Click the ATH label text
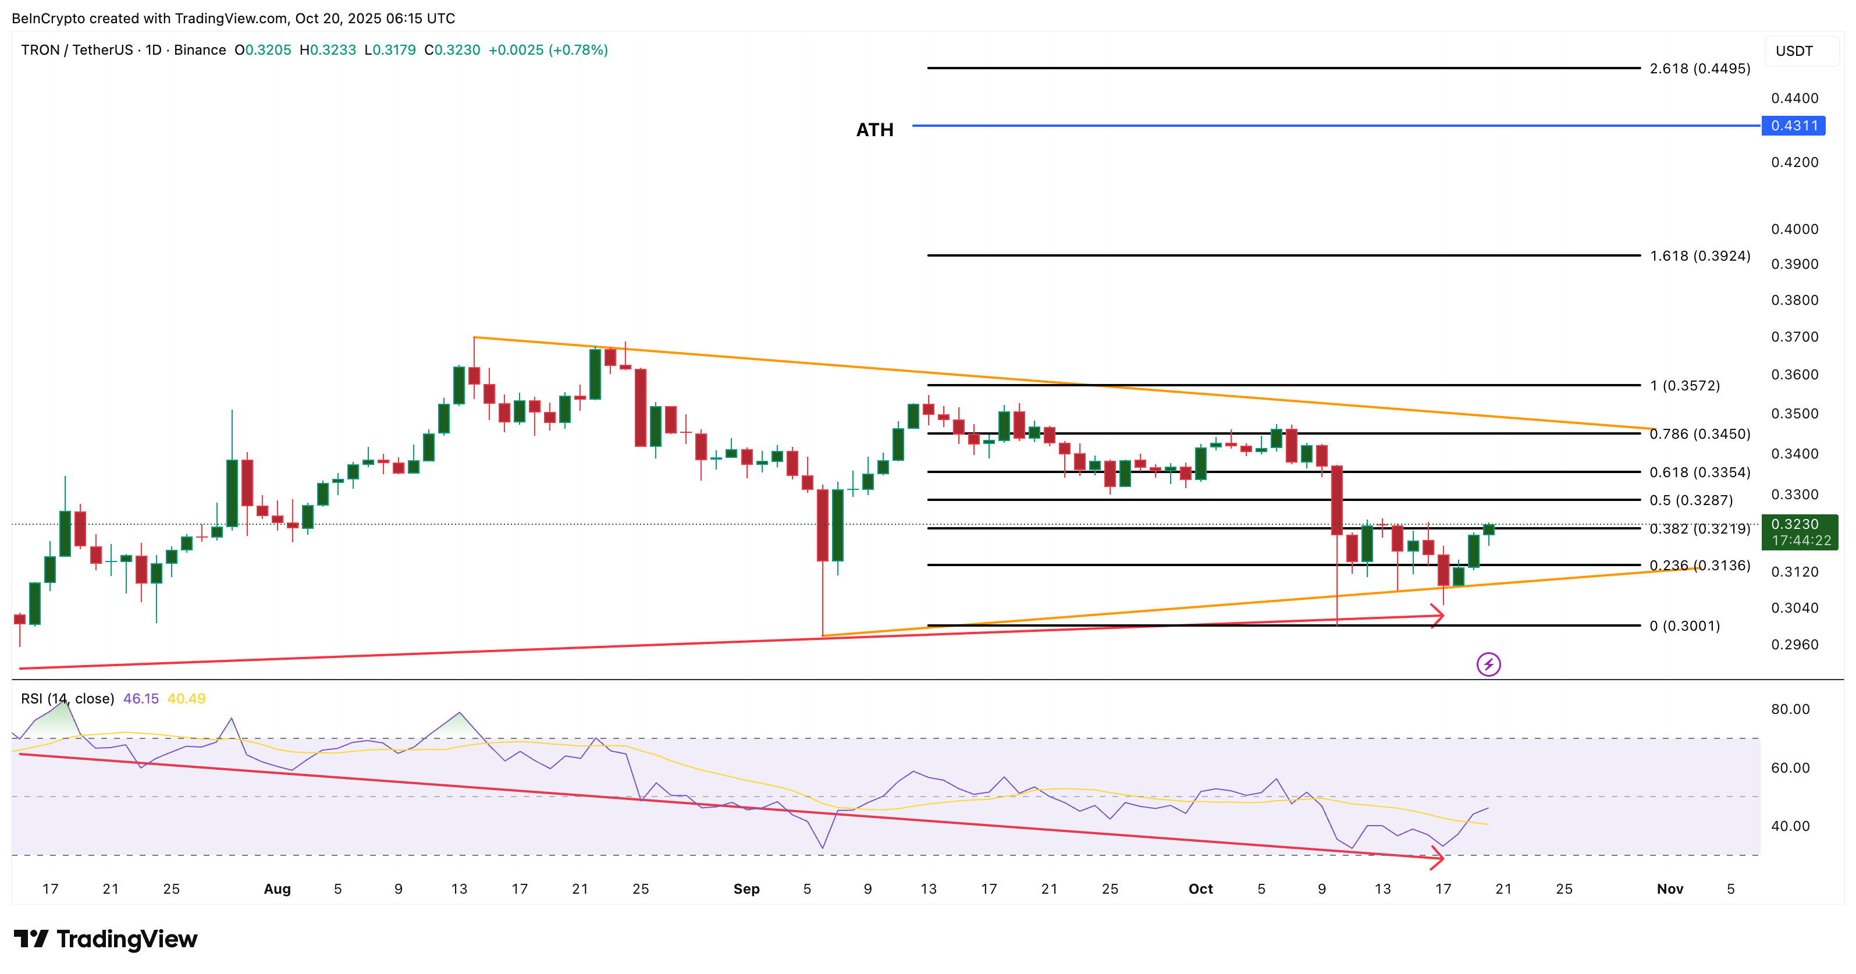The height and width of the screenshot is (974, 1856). pyautogui.click(x=874, y=130)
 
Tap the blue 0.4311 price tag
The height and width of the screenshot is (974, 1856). pyautogui.click(x=1794, y=126)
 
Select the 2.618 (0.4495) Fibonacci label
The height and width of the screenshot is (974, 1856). pyautogui.click(x=1699, y=69)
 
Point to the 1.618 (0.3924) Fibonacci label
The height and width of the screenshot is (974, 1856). pyautogui.click(x=1699, y=256)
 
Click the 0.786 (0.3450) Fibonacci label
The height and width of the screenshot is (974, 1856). pyautogui.click(x=1699, y=433)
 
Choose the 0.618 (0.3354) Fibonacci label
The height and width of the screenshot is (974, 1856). pyautogui.click(x=1699, y=472)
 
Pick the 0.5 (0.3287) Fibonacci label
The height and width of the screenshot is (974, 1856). pyautogui.click(x=1691, y=500)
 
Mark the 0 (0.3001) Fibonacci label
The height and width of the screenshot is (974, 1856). pyautogui.click(x=1684, y=626)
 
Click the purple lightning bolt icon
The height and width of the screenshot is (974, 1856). pyautogui.click(x=1488, y=664)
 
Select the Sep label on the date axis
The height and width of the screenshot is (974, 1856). pyautogui.click(x=746, y=889)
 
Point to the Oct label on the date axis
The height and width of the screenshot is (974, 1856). pyautogui.click(x=1200, y=889)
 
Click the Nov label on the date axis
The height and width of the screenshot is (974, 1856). pyautogui.click(x=1669, y=889)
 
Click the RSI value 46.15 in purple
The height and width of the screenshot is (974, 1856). pyautogui.click(x=140, y=699)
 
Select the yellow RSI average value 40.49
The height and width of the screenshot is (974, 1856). pyautogui.click(x=186, y=699)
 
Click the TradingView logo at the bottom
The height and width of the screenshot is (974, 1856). pyautogui.click(x=105, y=940)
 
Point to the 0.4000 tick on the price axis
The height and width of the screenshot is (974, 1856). pyautogui.click(x=1795, y=229)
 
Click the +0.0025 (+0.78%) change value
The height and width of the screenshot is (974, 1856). pyautogui.click(x=547, y=49)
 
